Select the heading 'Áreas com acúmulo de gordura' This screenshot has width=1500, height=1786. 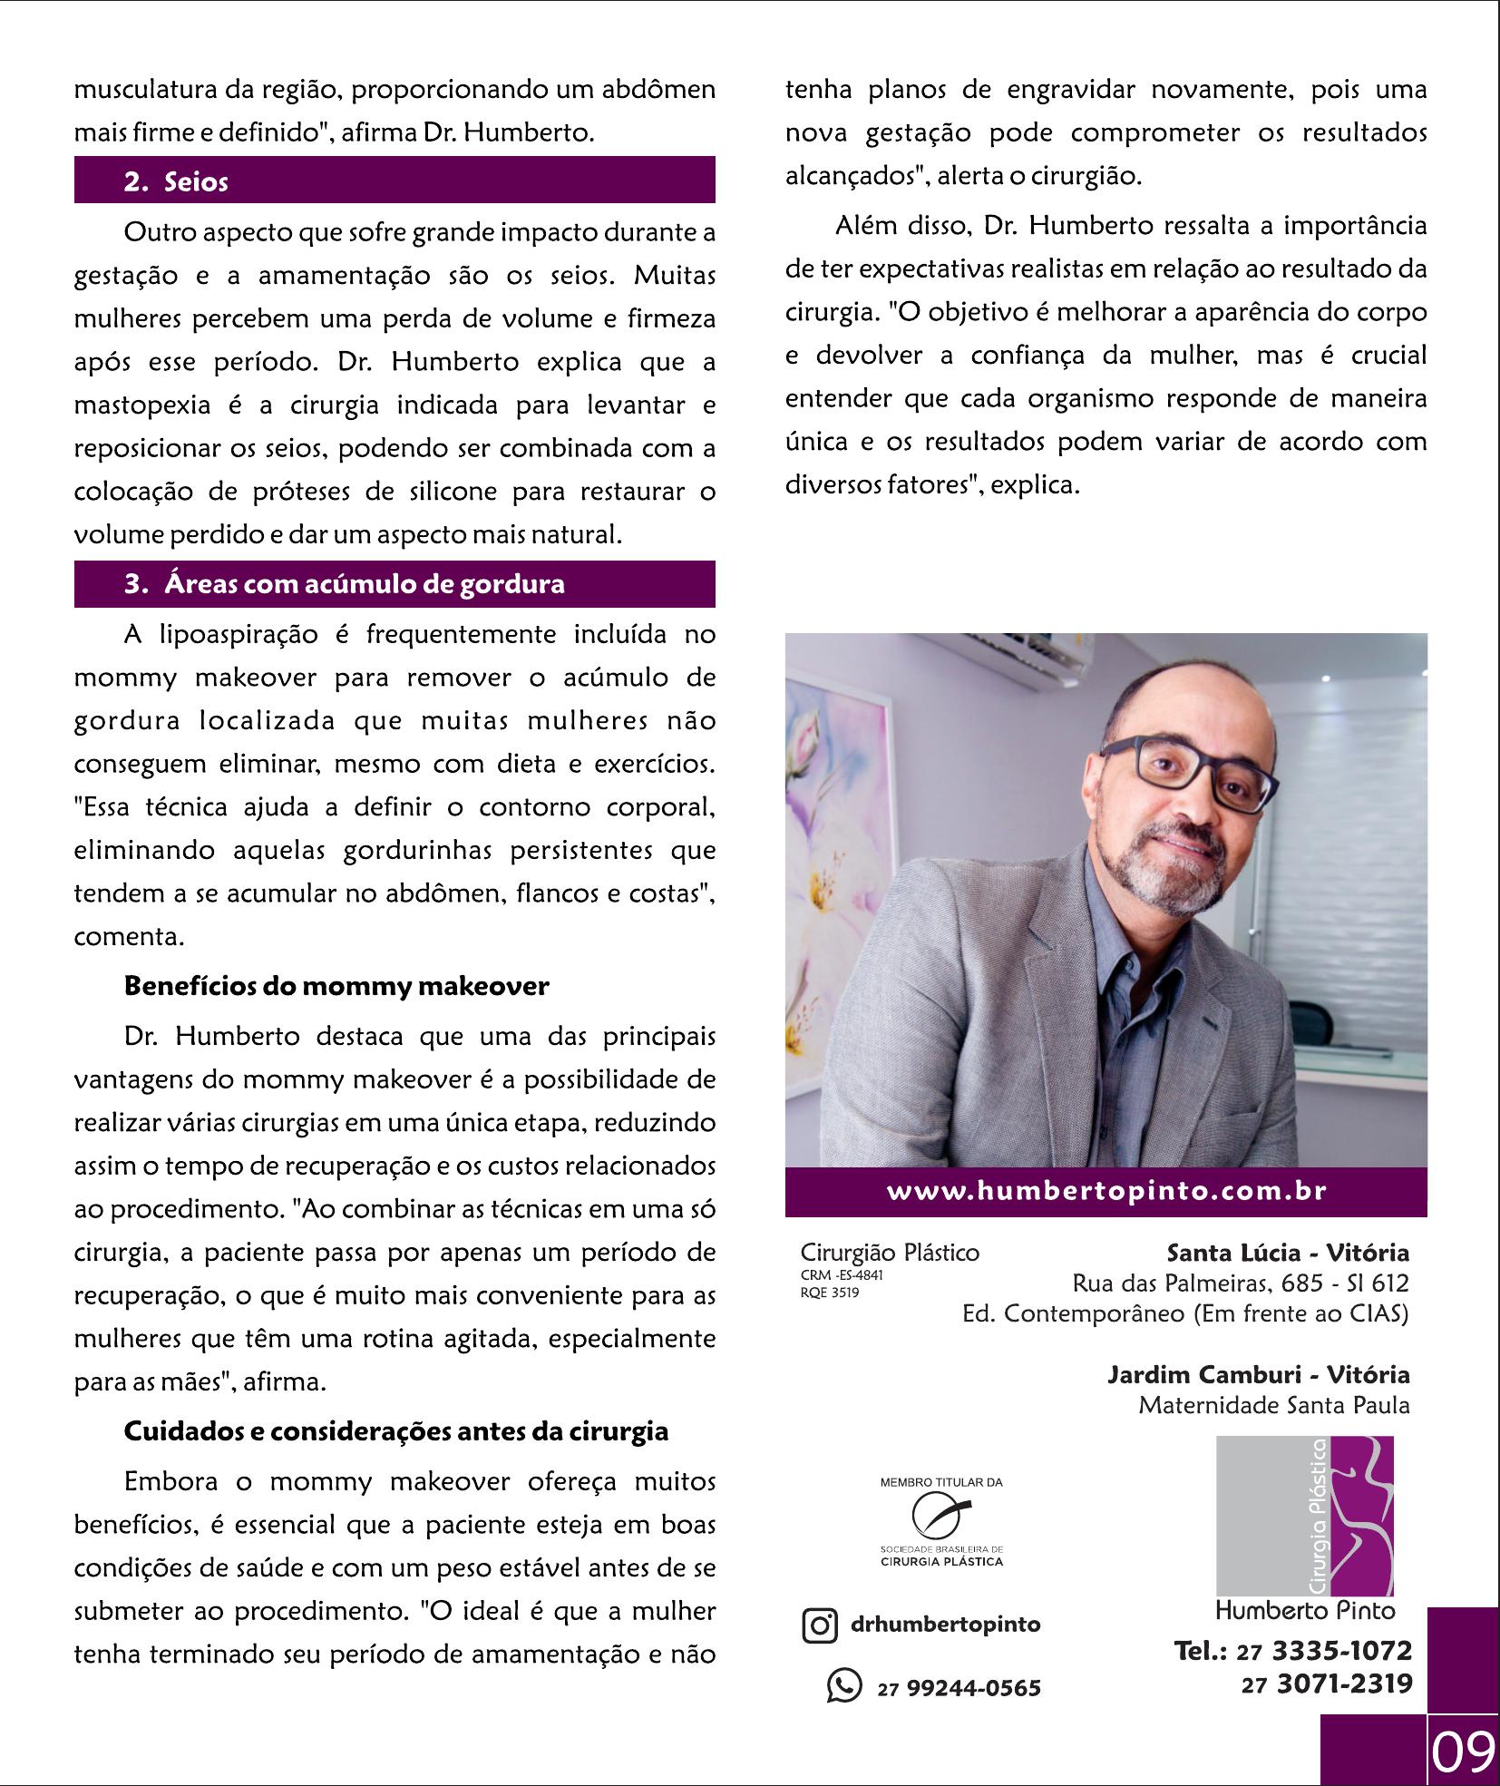click(364, 584)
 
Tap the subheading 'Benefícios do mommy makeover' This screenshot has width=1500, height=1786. click(336, 986)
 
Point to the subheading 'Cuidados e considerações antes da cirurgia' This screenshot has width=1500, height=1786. click(395, 1431)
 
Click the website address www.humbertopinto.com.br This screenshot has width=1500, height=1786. click(1106, 1191)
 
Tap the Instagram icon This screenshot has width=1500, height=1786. click(819, 1625)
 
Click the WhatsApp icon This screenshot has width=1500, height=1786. click(843, 1685)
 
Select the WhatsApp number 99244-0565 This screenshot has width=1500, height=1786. click(973, 1688)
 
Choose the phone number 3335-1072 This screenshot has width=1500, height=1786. click(1342, 1650)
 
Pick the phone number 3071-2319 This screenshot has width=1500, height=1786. click(1345, 1684)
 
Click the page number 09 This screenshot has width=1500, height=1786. click(1462, 1752)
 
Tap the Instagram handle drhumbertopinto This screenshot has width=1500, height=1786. click(946, 1624)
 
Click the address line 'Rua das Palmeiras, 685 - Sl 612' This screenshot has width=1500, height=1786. click(1241, 1283)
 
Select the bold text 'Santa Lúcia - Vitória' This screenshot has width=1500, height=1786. click(1288, 1253)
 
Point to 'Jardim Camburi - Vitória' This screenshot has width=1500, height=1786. click(1258, 1374)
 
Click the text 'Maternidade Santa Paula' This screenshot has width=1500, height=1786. click(1274, 1405)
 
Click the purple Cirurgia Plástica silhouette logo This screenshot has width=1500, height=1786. click(1304, 1516)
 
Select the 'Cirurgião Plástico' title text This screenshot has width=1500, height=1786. click(890, 1253)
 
